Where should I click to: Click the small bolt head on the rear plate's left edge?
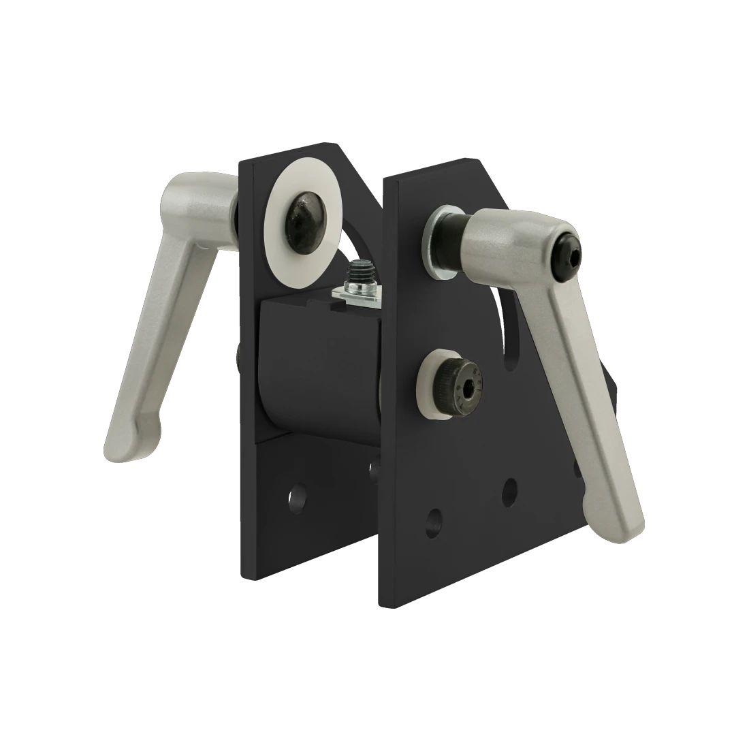[237, 358]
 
